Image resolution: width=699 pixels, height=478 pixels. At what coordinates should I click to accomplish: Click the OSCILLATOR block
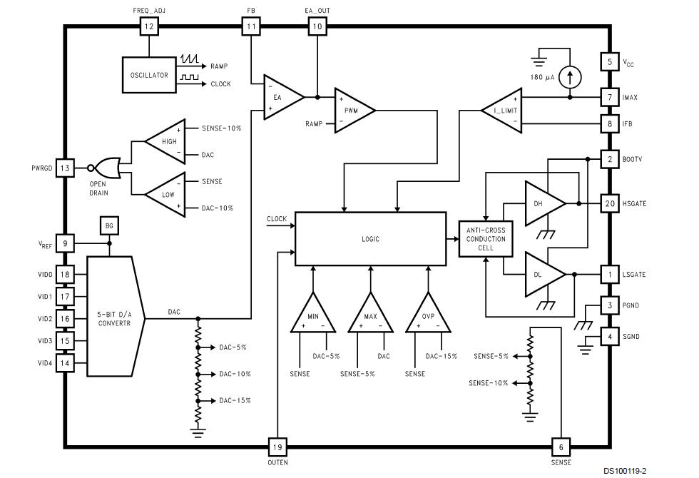[149, 75]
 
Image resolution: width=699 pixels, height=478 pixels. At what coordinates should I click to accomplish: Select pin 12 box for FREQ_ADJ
[148, 27]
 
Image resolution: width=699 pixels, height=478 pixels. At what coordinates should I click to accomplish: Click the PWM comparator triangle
[352, 110]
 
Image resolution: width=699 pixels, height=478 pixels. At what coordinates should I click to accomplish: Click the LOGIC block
[370, 239]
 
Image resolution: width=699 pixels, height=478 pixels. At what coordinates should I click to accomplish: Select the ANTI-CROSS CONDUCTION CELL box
[485, 239]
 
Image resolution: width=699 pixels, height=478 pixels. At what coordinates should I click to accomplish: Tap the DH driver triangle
[542, 203]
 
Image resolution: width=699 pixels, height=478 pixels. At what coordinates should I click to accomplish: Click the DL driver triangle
[542, 274]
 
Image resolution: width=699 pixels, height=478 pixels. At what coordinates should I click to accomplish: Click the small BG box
[109, 226]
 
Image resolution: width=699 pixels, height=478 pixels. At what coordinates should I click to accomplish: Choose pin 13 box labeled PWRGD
[64, 168]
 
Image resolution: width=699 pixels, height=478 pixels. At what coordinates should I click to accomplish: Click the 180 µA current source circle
[569, 75]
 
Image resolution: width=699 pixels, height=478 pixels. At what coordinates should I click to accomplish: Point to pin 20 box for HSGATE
[609, 203]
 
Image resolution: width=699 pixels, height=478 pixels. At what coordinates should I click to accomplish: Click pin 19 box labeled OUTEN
[277, 447]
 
